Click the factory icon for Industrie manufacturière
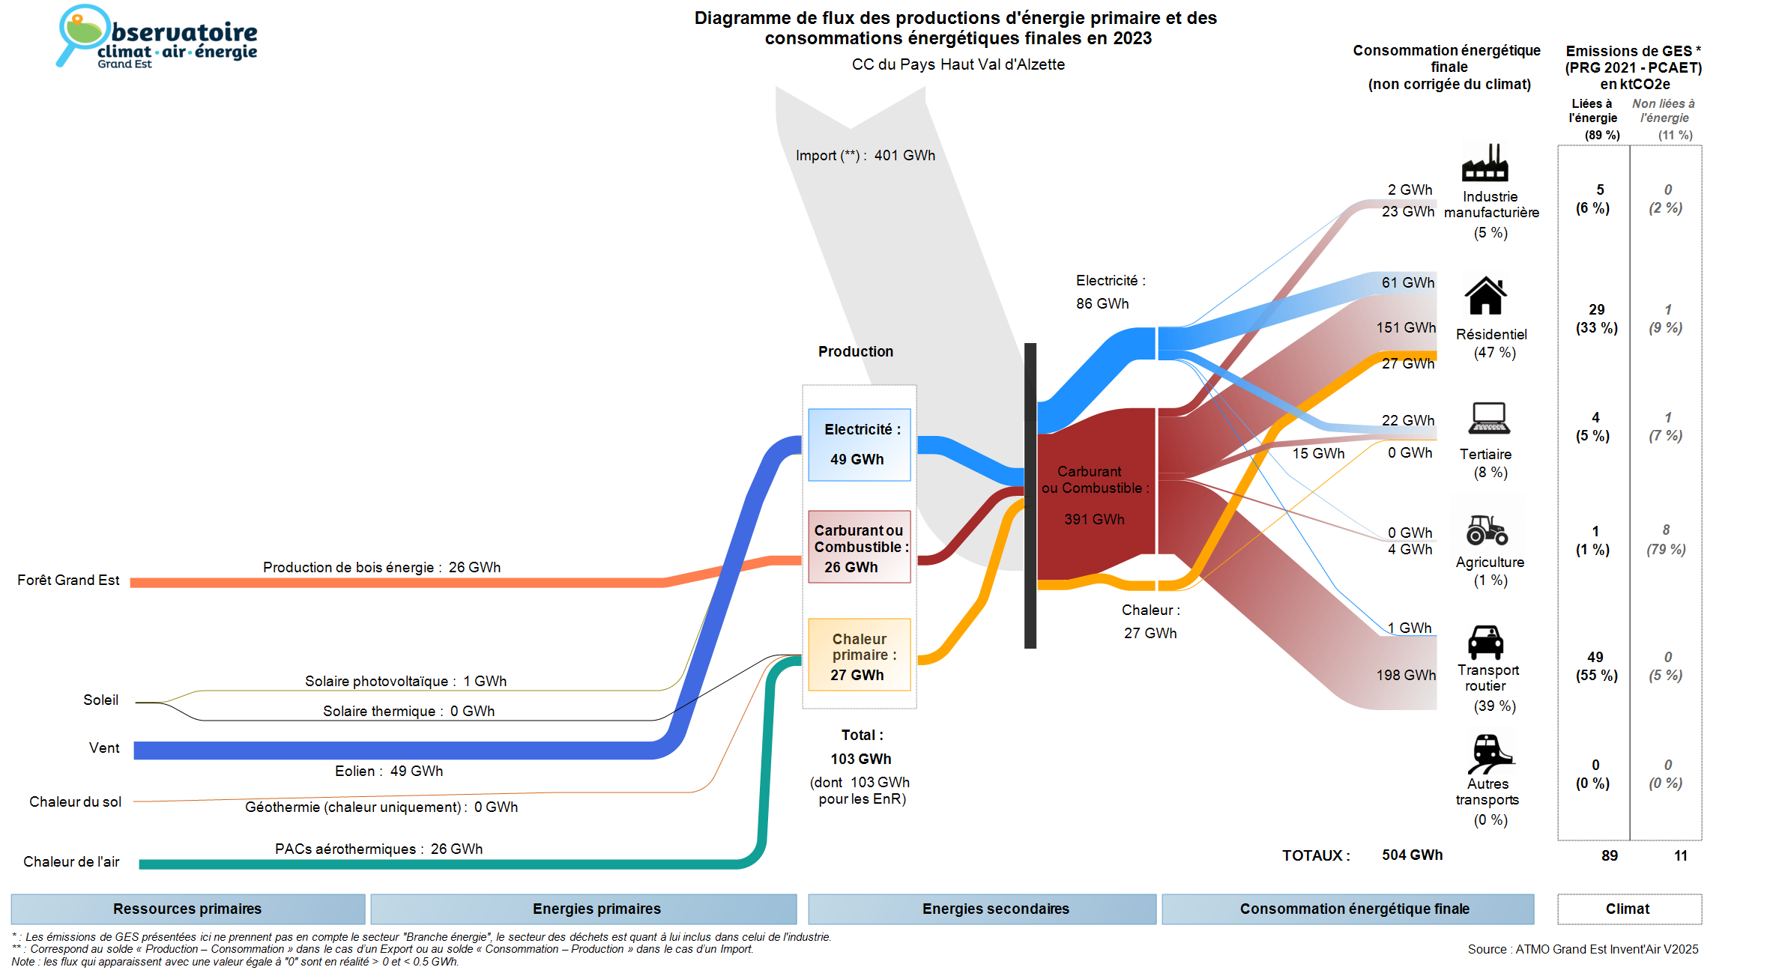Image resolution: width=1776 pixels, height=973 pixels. click(x=1484, y=163)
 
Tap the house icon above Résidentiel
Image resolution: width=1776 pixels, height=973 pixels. click(x=1485, y=296)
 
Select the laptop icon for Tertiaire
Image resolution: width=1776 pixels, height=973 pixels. click(x=1489, y=418)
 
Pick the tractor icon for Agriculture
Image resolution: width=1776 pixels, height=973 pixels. click(x=1487, y=530)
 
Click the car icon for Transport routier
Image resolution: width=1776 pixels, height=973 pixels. click(x=1485, y=642)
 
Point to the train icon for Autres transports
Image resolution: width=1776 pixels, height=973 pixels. click(x=1489, y=753)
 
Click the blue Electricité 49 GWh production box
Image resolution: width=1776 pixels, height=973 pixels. click(x=859, y=444)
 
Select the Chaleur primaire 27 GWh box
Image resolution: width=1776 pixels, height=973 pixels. click(x=859, y=655)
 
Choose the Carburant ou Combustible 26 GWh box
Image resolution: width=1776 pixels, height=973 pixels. click(x=859, y=547)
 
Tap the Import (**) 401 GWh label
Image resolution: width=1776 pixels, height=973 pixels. click(x=865, y=156)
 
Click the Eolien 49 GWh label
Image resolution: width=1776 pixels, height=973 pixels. click(x=388, y=771)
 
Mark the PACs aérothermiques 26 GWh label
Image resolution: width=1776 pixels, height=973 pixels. click(x=378, y=849)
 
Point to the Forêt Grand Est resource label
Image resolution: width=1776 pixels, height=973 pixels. click(x=68, y=581)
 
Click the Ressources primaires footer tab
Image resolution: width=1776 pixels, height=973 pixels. click(x=187, y=909)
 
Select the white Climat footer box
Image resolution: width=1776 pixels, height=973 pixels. click(x=1628, y=909)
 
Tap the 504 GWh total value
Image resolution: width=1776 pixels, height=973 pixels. click(x=1412, y=855)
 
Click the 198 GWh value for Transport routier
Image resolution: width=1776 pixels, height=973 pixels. click(x=1405, y=675)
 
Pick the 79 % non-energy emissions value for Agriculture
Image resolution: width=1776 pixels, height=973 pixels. click(x=1666, y=549)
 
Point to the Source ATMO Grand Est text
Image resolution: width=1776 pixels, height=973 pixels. click(x=1583, y=949)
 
